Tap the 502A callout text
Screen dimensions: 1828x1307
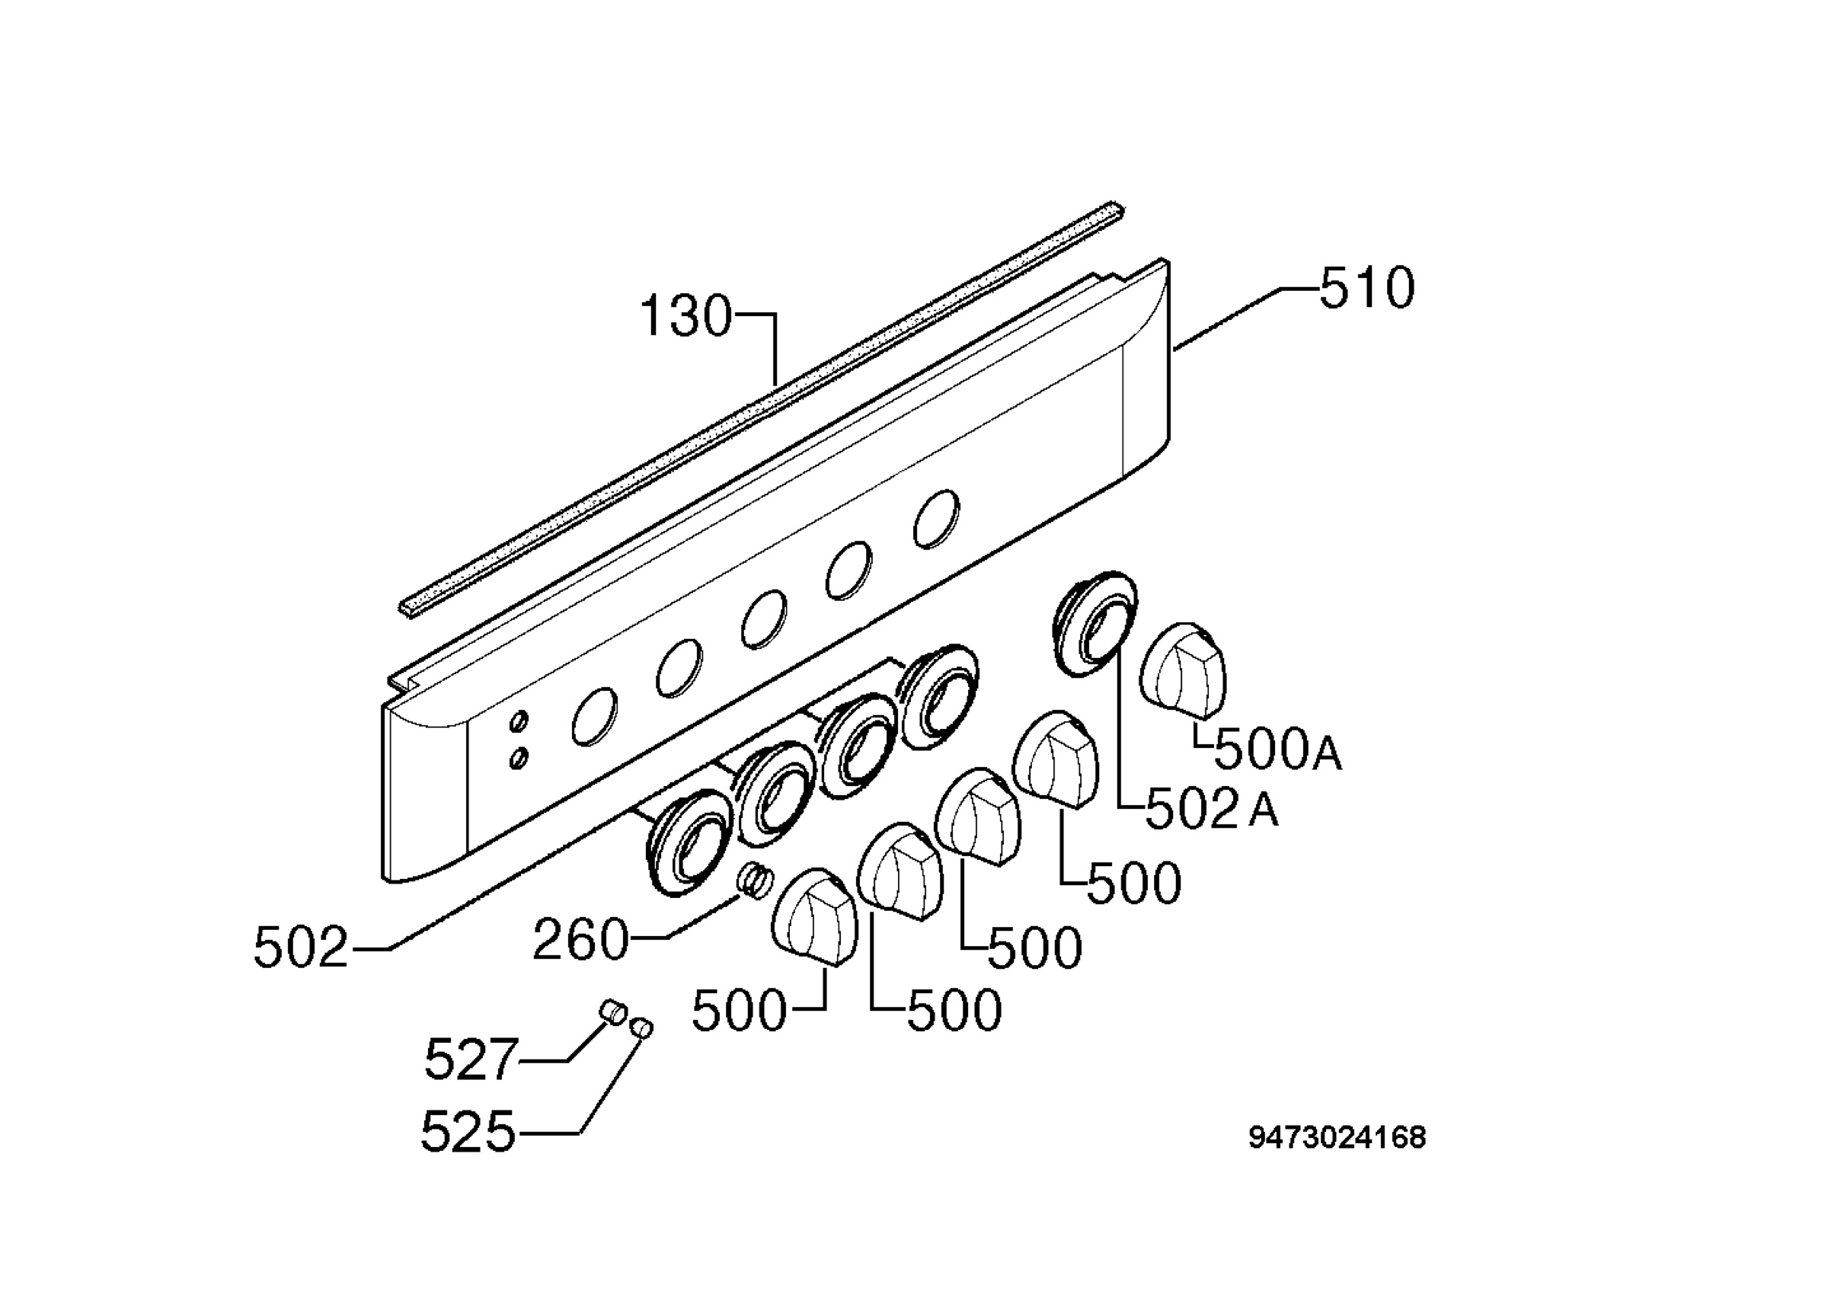point(1211,808)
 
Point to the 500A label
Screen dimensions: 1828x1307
point(1277,750)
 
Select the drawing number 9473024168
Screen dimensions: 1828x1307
point(1337,1137)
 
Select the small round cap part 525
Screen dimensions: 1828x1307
point(643,1027)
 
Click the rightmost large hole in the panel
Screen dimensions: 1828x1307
point(937,519)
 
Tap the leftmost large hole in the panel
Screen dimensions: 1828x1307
point(596,717)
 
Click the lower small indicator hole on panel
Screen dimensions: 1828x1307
point(519,757)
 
